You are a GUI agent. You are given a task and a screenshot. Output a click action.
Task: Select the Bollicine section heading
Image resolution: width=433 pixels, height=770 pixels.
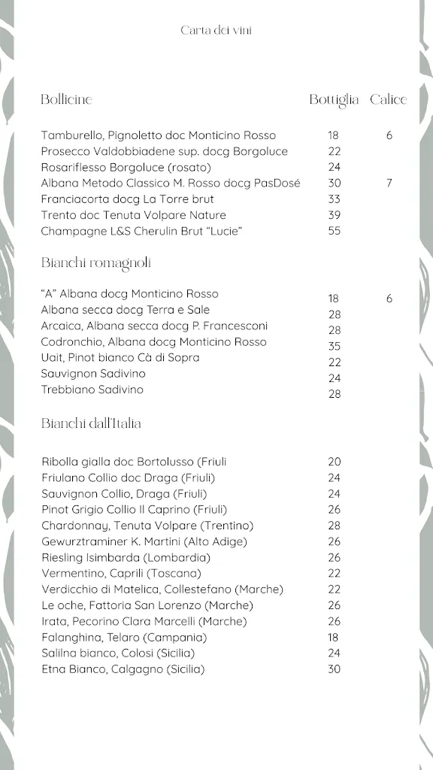pyautogui.click(x=66, y=99)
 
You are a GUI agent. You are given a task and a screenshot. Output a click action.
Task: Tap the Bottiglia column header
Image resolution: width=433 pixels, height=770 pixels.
pyautogui.click(x=334, y=99)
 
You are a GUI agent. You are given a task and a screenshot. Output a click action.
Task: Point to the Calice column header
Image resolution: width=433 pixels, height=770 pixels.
pyautogui.click(x=388, y=99)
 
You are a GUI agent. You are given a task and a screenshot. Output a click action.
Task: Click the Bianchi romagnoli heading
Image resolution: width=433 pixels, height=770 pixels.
pyautogui.click(x=95, y=262)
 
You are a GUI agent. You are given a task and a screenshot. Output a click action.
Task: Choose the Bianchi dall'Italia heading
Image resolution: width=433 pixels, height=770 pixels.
pyautogui.click(x=91, y=423)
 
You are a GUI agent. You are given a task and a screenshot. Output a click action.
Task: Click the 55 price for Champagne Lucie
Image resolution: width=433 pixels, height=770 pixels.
pyautogui.click(x=334, y=231)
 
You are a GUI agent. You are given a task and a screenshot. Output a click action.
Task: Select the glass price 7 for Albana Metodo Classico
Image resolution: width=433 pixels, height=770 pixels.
pyautogui.click(x=389, y=183)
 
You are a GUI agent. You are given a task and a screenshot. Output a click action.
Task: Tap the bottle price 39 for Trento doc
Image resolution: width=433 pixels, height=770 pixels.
pyautogui.click(x=334, y=215)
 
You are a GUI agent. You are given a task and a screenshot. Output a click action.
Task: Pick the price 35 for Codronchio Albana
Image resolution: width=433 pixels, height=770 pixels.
pyautogui.click(x=334, y=346)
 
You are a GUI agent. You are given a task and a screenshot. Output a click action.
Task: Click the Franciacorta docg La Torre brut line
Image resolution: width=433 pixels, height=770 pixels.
pyautogui.click(x=128, y=199)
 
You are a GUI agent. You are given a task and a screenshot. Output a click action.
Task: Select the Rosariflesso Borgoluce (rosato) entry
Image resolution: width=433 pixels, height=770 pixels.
pyautogui.click(x=126, y=167)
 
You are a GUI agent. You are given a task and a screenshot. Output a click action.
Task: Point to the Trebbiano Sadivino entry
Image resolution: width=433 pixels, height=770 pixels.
pyautogui.click(x=92, y=390)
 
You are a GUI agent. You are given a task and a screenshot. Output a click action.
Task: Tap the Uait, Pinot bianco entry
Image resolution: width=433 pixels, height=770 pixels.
pyautogui.click(x=120, y=357)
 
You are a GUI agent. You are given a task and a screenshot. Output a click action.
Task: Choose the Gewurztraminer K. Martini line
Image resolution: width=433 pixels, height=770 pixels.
pyautogui.click(x=144, y=541)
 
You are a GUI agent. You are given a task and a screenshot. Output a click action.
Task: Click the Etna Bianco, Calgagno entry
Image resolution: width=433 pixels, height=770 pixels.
pyautogui.click(x=123, y=669)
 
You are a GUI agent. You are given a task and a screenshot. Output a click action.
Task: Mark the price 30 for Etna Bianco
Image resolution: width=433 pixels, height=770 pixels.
pyautogui.click(x=334, y=669)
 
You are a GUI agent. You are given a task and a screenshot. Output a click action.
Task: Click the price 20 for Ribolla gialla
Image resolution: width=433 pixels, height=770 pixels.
pyautogui.click(x=334, y=462)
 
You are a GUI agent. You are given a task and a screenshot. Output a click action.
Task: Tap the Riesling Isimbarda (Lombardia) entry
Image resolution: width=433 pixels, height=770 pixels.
pyautogui.click(x=126, y=557)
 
